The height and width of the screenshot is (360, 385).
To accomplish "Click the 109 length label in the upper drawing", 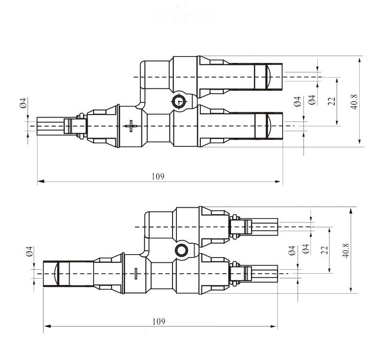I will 158,176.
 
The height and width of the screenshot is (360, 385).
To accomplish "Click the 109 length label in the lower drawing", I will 158,321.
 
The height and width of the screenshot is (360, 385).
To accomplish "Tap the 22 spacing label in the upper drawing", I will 332,101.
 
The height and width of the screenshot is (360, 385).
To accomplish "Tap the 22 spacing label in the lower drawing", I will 324,250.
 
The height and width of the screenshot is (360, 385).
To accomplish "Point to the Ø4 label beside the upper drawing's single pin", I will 22,103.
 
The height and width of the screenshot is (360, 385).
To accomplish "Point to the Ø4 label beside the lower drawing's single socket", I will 29,251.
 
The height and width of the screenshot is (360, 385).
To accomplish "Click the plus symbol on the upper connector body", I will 130,126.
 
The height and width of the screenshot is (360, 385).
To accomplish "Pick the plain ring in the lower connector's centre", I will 182,251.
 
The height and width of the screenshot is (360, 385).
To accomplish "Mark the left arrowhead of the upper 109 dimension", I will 39,182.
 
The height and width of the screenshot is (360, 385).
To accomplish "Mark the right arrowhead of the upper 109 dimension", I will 279,182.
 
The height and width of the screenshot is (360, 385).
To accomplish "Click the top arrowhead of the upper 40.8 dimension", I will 360,59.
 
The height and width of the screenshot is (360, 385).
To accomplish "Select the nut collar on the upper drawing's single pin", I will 80,126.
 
